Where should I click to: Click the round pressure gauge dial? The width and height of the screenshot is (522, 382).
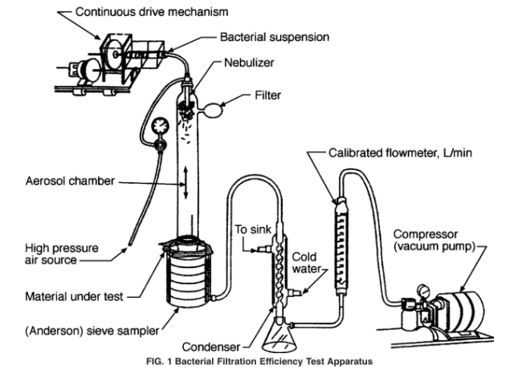(x=158, y=127)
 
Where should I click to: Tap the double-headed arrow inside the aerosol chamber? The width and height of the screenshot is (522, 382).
(x=186, y=180)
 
